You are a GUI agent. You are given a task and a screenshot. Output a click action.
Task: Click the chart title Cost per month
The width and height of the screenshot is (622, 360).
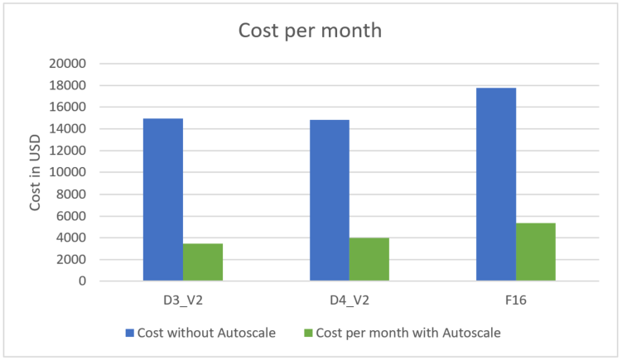(x=311, y=31)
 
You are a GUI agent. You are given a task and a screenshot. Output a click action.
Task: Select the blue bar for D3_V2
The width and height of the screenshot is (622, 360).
(x=163, y=199)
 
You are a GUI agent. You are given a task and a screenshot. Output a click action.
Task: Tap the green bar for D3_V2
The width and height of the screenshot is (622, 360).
(x=203, y=262)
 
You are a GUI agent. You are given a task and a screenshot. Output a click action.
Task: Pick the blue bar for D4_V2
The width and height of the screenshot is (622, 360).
(x=329, y=200)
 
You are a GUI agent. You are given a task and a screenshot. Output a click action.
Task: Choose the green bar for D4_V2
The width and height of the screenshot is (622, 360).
(x=369, y=260)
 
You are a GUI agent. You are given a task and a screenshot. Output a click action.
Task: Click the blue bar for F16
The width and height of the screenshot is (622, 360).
(x=496, y=184)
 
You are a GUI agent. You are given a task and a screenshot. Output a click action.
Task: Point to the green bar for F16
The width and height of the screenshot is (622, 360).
(x=536, y=252)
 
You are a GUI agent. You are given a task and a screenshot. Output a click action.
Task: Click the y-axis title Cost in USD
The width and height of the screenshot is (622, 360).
(x=36, y=172)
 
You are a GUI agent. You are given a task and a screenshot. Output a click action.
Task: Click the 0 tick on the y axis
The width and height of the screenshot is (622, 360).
(x=83, y=281)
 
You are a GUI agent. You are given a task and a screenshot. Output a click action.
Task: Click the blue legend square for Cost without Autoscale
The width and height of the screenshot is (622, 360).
(x=128, y=333)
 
